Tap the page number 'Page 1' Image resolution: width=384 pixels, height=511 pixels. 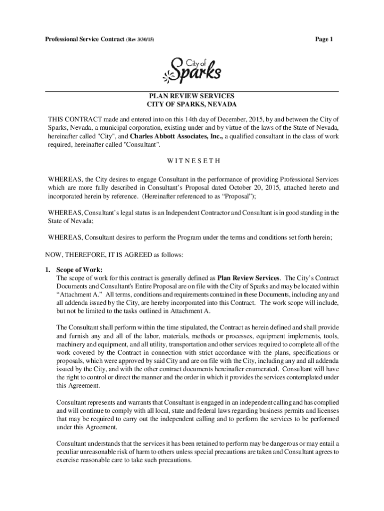click(x=324, y=39)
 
